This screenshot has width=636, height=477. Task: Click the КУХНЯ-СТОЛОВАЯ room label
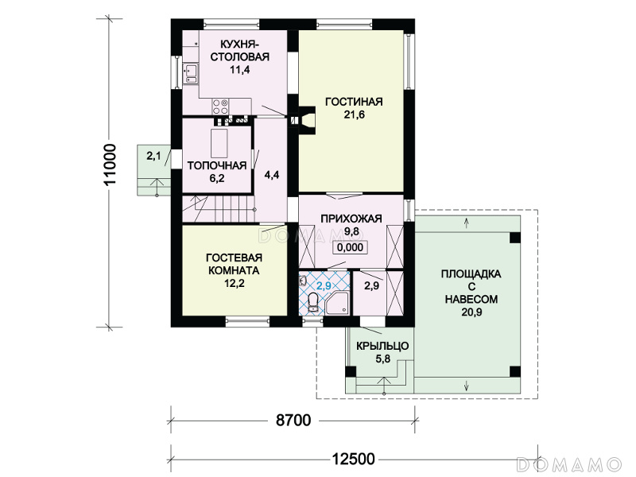(240, 50)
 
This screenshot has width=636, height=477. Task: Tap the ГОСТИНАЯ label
(354, 102)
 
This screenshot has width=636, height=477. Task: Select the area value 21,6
(354, 114)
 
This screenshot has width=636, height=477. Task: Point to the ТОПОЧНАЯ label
(217, 165)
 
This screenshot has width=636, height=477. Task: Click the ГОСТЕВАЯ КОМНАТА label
(235, 264)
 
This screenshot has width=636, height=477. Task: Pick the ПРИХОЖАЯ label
(351, 219)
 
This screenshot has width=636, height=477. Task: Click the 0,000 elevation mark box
(350, 247)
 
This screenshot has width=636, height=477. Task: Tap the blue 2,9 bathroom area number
(324, 285)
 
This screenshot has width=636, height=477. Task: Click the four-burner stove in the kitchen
(220, 107)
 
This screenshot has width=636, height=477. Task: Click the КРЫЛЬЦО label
(382, 346)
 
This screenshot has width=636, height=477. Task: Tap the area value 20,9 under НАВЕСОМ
(471, 312)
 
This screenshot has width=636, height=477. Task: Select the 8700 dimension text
(293, 421)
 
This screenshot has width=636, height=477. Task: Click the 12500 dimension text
(353, 460)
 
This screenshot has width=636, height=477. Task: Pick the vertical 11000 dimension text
(110, 164)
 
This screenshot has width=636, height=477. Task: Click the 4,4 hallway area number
(271, 175)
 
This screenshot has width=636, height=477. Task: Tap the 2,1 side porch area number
(153, 156)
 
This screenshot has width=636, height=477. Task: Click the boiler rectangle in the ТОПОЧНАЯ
(219, 143)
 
